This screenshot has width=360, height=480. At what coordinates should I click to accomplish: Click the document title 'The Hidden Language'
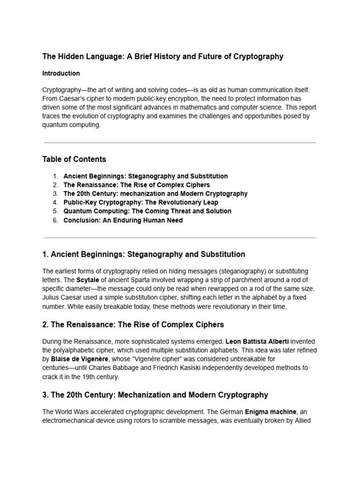point(163,57)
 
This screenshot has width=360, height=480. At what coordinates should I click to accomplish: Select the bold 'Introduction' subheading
point(61,74)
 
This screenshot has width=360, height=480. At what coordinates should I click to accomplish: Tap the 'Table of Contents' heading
point(74,159)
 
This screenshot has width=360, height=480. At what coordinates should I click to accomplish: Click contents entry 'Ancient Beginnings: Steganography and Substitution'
point(145,176)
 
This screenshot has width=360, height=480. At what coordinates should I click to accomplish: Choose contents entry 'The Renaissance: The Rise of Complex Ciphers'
point(136,185)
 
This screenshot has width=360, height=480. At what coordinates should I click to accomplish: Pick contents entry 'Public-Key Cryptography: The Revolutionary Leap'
point(141,202)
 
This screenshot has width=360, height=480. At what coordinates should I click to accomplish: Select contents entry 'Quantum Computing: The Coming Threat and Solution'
point(147,211)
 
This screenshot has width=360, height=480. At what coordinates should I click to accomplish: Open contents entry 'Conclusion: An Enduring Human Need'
point(123,220)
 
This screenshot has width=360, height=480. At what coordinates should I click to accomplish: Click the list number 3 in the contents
point(55,194)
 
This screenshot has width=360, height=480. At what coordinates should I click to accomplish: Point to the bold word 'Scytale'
point(88,280)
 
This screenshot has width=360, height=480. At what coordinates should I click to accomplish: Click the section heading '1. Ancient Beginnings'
point(143,255)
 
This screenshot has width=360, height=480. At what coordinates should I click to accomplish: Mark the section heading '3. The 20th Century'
point(155,395)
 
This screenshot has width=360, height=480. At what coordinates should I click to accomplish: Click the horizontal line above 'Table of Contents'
point(180,142)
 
